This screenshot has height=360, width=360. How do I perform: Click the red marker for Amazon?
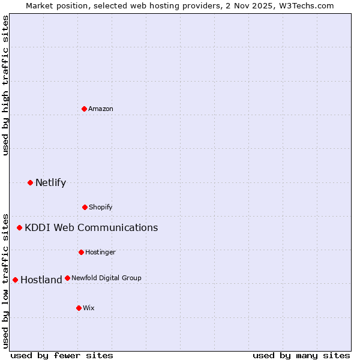tap(84, 109)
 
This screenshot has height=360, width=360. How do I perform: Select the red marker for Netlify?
tap(30, 182)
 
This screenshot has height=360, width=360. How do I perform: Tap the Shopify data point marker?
tap(85, 207)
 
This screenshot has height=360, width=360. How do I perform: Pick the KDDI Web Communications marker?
tap(19, 227)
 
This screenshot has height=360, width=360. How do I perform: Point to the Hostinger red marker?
tap(81, 252)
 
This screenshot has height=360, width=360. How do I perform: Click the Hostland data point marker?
tap(15, 280)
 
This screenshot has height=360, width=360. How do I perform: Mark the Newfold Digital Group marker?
tap(67, 278)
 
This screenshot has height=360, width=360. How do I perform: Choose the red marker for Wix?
tap(79, 308)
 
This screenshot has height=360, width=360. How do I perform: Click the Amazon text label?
tap(101, 109)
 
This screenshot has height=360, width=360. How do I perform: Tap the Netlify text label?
tap(50, 182)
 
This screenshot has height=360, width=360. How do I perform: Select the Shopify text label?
tap(101, 207)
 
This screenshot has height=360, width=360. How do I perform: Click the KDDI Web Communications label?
tap(91, 227)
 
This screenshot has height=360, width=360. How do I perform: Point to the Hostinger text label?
tap(100, 252)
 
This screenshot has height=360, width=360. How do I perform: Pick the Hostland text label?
tap(41, 280)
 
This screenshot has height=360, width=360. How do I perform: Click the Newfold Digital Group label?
tap(106, 278)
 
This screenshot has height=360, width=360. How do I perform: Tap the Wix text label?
tap(89, 308)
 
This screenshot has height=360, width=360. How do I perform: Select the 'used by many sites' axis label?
tap(301, 355)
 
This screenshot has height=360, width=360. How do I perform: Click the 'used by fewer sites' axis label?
tap(62, 355)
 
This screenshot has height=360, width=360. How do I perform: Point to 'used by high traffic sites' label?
tap(5, 85)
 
